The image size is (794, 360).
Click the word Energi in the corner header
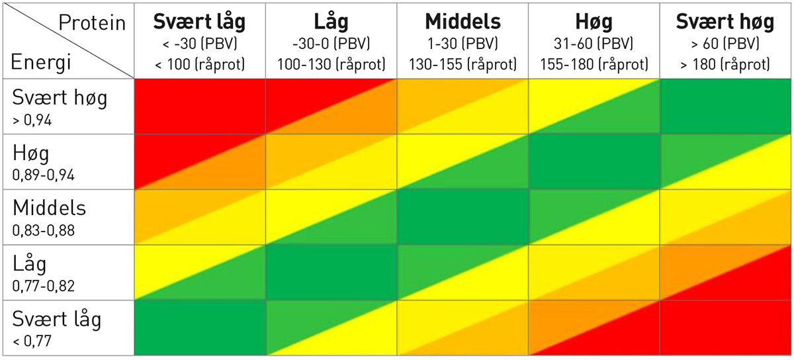(41, 65)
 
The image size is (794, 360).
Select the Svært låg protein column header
(199, 22)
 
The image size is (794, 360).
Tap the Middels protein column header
(463, 22)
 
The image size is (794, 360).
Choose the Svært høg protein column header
(725, 22)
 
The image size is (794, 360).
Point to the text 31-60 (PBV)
(594, 44)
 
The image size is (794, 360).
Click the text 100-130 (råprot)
(331, 64)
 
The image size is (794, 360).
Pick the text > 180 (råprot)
(725, 64)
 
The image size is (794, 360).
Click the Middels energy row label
(50, 207)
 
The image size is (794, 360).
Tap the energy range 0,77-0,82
(42, 286)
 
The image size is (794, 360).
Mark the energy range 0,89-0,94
(42, 175)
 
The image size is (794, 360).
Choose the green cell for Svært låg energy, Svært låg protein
(199, 328)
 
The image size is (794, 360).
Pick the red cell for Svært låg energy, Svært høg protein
(725, 328)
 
